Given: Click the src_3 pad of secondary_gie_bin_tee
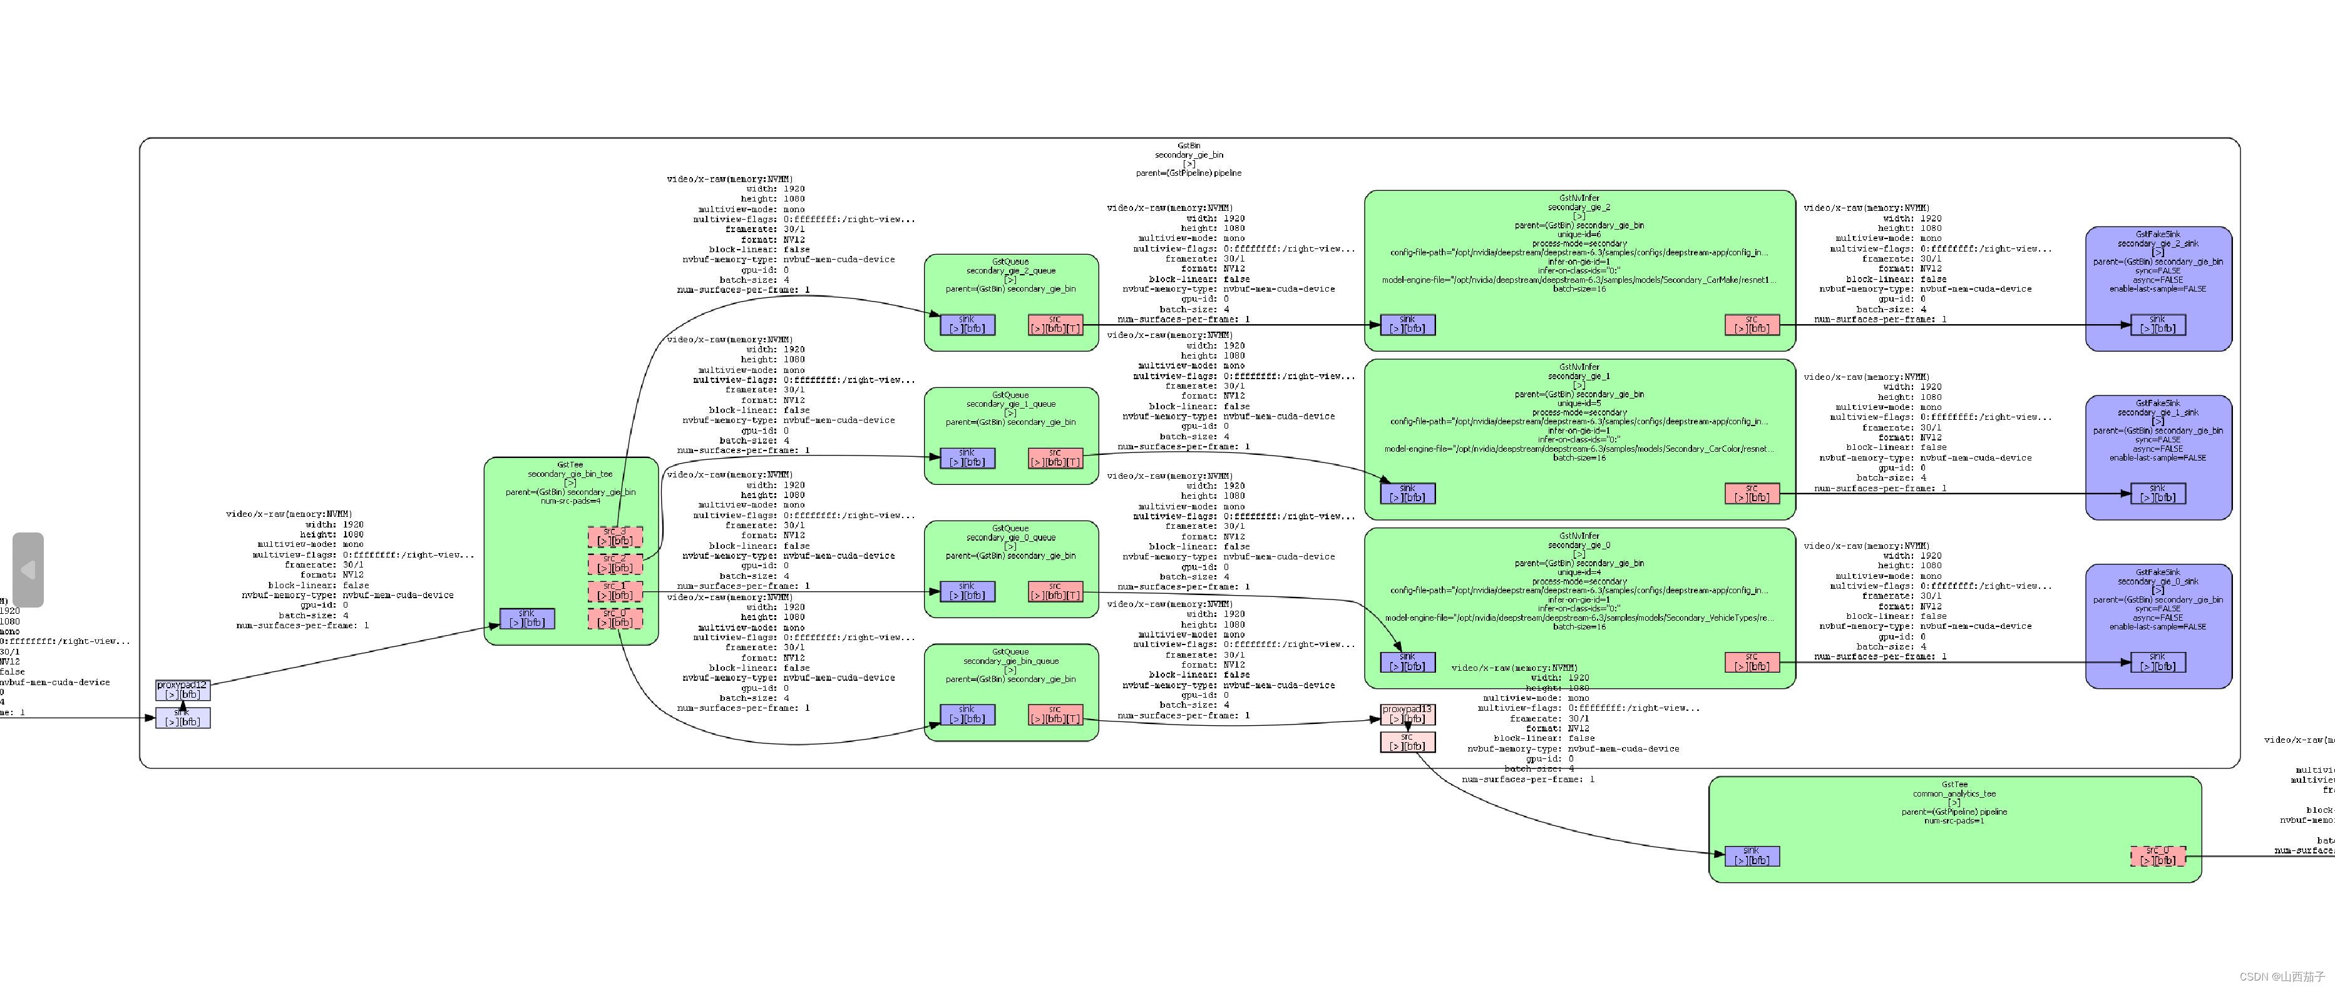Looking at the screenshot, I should (615, 537).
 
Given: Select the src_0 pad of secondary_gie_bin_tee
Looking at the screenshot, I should (615, 618).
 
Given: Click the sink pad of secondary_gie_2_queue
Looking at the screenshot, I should (967, 325).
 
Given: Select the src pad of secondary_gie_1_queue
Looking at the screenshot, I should (1055, 458).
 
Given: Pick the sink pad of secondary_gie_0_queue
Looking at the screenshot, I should (967, 591).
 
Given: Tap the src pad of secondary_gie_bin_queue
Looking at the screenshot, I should (1055, 715).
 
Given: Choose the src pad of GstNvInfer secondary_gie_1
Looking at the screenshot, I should (1752, 493).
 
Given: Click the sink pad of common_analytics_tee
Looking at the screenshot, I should (1752, 856).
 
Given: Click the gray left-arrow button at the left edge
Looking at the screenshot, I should (28, 569).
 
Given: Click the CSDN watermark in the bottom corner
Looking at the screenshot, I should (2282, 976).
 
